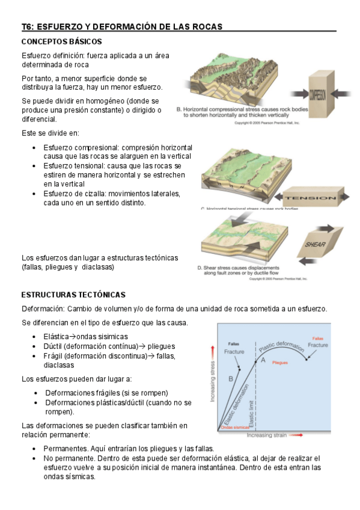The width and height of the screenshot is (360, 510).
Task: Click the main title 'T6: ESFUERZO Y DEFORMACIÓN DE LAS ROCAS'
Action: coord(122,26)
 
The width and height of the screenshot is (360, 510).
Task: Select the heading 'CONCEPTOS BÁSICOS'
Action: coord(61,41)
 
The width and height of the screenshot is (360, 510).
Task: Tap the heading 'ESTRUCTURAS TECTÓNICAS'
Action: coord(73,295)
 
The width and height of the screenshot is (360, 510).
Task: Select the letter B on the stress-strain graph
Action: coord(230,379)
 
